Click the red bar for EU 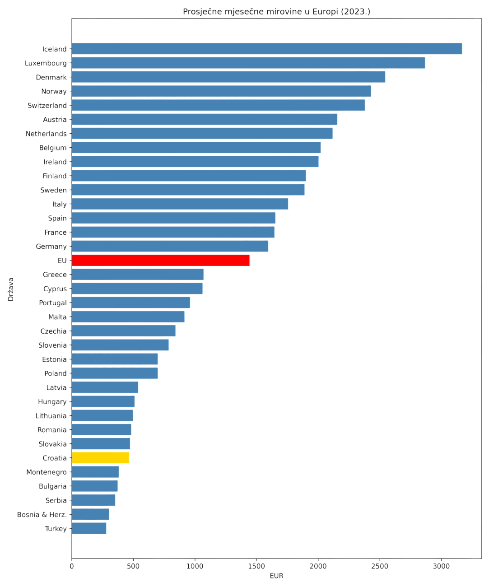point(161,261)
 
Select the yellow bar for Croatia point(101,458)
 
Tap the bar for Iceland point(267,49)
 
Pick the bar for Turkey point(89,528)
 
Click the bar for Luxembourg point(248,63)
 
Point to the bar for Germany point(170,246)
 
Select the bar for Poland point(115,373)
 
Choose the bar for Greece point(138,275)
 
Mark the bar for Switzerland point(219,105)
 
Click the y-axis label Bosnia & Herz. point(42,515)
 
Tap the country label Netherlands point(46,134)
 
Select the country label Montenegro point(47,472)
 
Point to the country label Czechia point(53,331)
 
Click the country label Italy point(59,204)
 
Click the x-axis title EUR point(276,576)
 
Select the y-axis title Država point(11,289)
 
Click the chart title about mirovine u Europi point(276,12)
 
